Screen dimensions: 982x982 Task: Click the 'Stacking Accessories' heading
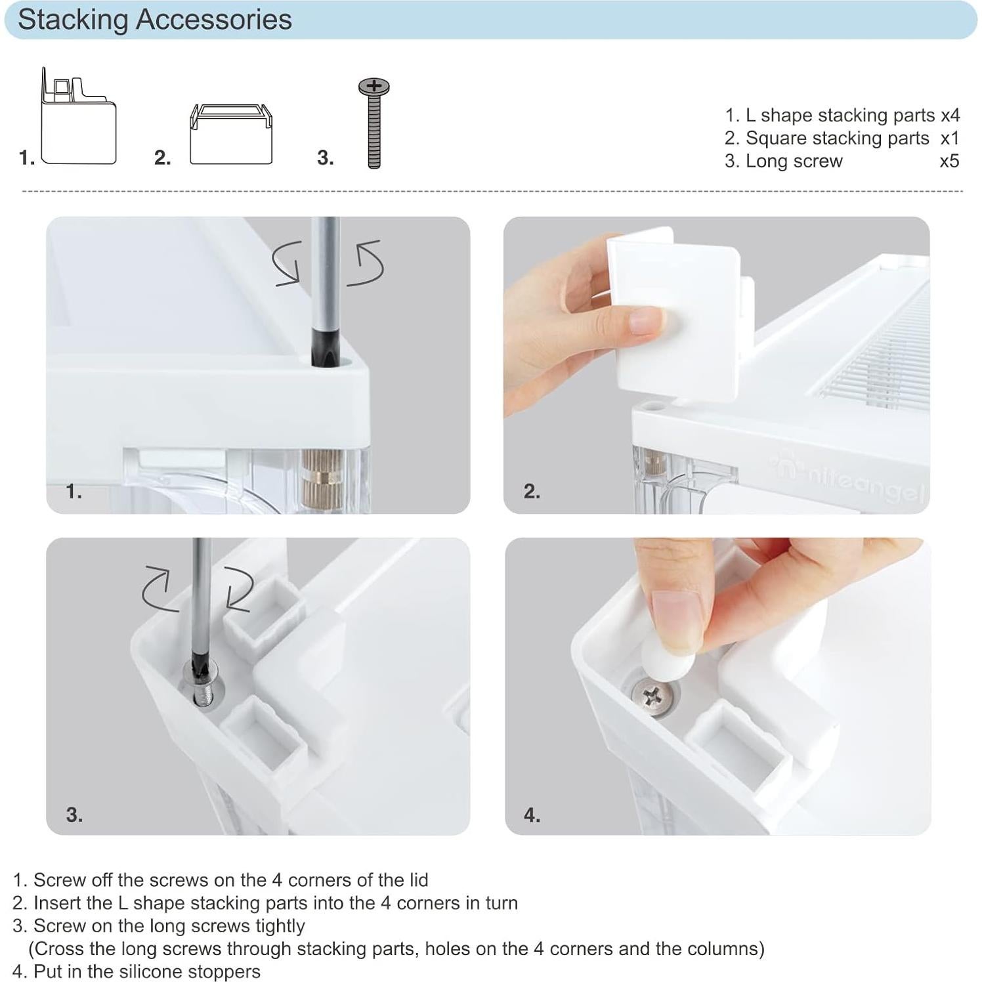pos(154,20)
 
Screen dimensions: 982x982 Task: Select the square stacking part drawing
pos(230,135)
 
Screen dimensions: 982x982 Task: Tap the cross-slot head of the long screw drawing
pos(374,86)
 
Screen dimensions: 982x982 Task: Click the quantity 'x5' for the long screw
pos(949,161)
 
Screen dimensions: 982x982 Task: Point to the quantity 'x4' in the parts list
pos(950,116)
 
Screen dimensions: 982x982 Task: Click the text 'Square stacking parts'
pos(837,139)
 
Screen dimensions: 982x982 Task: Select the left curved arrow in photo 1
pos(288,263)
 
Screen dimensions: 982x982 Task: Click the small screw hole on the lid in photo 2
pos(651,406)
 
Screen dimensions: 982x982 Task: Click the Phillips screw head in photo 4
pos(651,696)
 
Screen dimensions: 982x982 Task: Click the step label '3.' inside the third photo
pos(74,815)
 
